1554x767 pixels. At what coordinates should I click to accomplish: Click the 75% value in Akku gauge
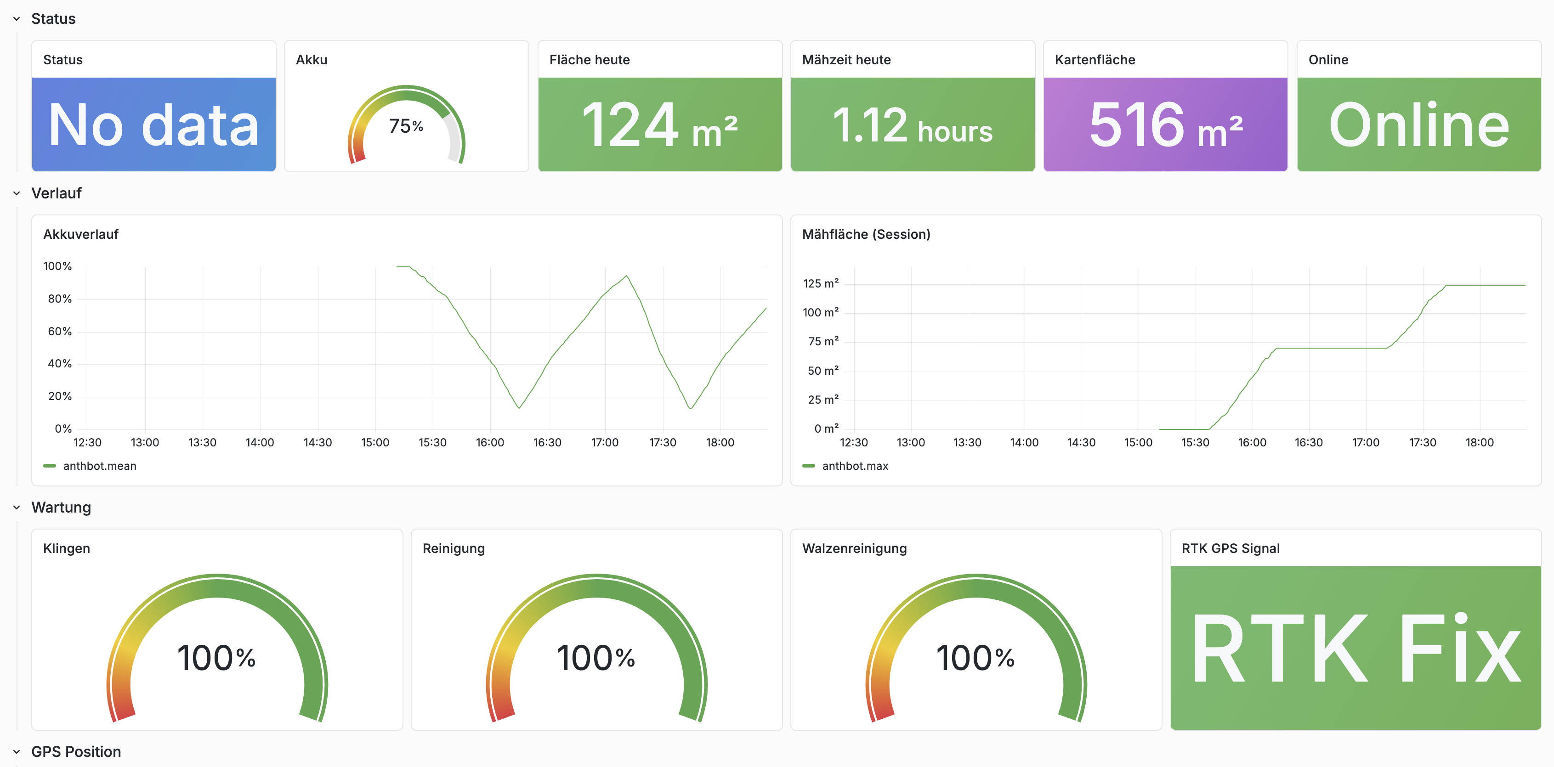point(406,126)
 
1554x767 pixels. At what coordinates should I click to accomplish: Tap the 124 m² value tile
point(659,125)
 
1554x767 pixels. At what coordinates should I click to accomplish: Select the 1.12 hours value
point(912,126)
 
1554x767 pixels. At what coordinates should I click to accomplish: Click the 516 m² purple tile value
point(1165,125)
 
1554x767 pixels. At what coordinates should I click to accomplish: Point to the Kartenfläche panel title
point(1095,60)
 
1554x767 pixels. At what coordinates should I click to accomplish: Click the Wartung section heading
point(61,507)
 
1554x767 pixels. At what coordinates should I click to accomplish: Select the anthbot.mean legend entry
point(100,466)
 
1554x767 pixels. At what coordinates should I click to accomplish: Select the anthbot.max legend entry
point(854,466)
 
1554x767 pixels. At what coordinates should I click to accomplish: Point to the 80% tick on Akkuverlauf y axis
point(60,299)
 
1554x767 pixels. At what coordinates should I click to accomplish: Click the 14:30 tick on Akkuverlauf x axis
point(318,443)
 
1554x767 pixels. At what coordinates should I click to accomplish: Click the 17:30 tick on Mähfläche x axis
point(1422,443)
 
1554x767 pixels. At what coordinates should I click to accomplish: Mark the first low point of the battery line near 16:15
point(519,408)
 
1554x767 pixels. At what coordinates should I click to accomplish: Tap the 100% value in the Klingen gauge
point(216,658)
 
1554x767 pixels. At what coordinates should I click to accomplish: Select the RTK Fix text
point(1355,648)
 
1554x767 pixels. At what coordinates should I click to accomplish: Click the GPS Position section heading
point(76,751)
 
